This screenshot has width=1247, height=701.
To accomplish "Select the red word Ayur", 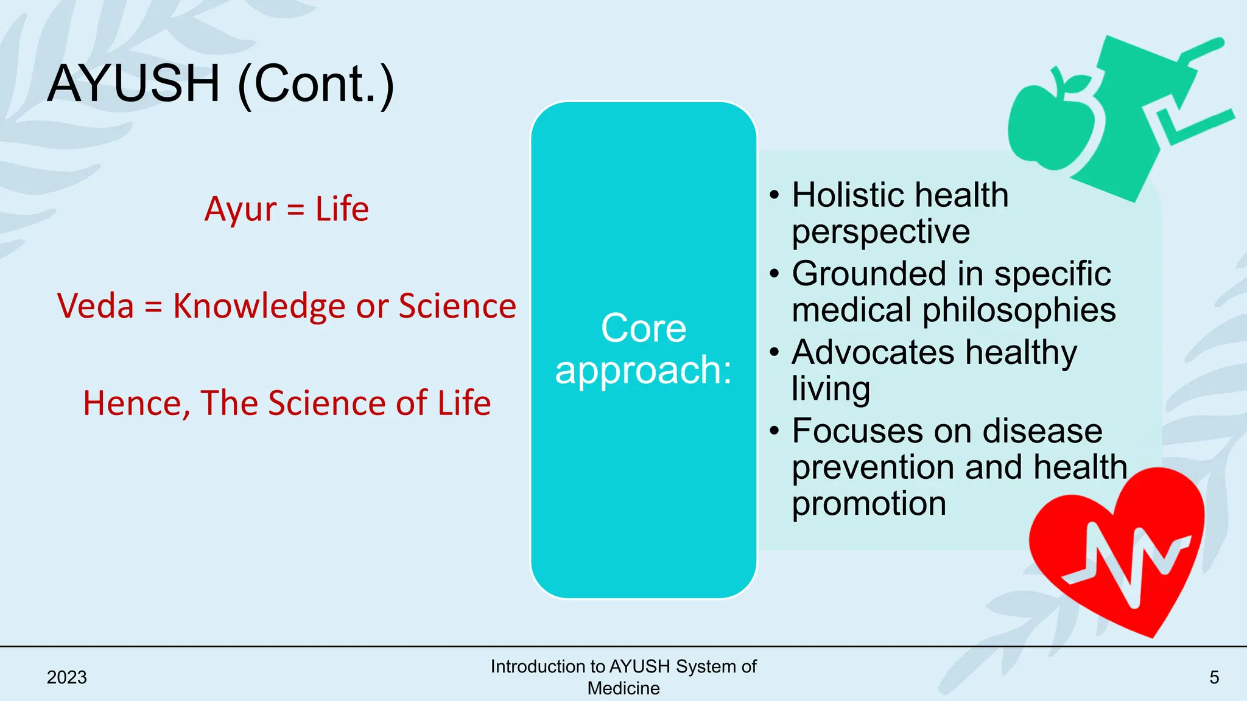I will click(x=241, y=210).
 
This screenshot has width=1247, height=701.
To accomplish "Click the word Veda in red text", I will click(x=96, y=306).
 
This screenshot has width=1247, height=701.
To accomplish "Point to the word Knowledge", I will click(x=259, y=306).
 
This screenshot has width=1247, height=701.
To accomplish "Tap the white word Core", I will click(x=644, y=329).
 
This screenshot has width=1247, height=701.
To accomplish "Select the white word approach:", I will click(x=644, y=370).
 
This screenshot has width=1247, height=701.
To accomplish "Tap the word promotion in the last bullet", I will click(x=869, y=504).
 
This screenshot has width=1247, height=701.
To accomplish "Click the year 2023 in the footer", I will click(x=67, y=677).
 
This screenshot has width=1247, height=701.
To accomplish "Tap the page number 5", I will click(x=1214, y=677).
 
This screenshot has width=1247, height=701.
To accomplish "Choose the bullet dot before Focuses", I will click(x=774, y=431).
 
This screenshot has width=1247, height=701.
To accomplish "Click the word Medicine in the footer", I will click(x=623, y=689).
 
